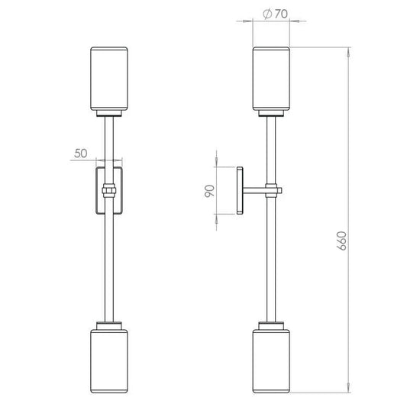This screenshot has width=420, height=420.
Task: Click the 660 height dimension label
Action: [342, 241]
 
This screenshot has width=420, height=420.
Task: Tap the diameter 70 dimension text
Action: [275, 14]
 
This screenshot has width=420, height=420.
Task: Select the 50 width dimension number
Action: [81, 153]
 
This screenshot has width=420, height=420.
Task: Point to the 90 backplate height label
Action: [209, 191]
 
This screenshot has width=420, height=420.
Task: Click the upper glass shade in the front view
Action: [109, 79]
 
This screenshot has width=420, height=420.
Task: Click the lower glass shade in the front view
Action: [109, 361]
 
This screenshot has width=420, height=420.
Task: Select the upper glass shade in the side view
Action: [271, 79]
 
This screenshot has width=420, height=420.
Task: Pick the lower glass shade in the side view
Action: [271, 361]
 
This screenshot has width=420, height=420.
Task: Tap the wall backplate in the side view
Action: [240, 190]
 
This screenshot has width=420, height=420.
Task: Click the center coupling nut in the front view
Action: [109, 190]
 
